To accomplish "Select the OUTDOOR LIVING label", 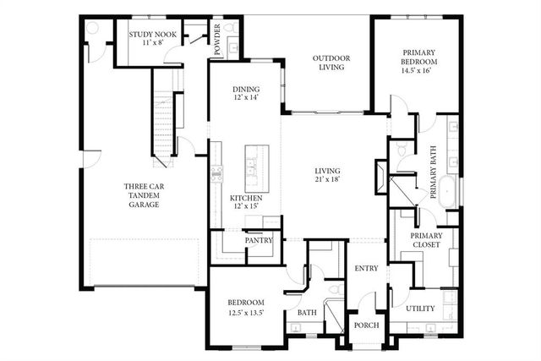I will pos(331,63).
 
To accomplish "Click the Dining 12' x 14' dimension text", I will pos(246,98).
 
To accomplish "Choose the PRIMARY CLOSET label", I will pos(426,242).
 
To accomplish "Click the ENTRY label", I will pos(367,268).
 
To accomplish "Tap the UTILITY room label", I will pos(420,309).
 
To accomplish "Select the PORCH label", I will pos(366,326).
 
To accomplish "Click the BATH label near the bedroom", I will pos(305,314).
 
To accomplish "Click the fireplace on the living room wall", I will pos(381,179).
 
